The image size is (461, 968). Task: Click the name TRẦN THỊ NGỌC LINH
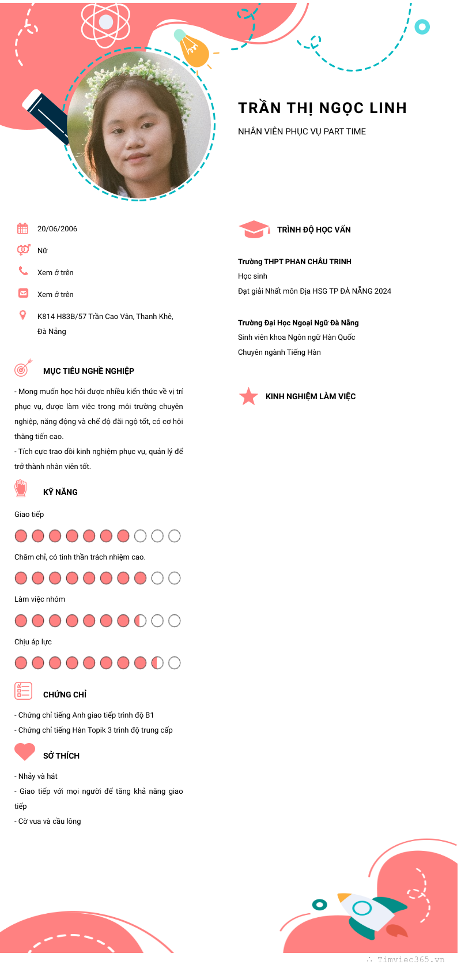click(322, 108)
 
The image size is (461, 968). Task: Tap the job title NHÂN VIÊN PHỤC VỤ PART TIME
click(302, 132)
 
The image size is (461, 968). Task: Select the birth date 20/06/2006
click(57, 229)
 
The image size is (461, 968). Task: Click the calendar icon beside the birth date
click(22, 228)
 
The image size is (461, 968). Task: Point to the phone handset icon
click(23, 271)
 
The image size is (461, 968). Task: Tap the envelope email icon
click(23, 293)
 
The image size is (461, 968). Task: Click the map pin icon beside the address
click(22, 315)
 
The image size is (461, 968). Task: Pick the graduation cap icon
click(254, 229)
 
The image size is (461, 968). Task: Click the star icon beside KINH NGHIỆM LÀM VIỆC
click(248, 396)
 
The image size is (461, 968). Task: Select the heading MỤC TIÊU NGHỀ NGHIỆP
click(89, 371)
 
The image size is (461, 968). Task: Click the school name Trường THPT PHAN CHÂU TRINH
click(294, 262)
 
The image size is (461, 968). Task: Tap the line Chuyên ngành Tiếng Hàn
click(279, 352)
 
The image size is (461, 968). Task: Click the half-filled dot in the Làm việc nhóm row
click(140, 621)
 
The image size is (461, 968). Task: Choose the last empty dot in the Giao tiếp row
click(175, 536)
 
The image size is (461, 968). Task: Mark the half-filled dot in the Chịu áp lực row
click(157, 663)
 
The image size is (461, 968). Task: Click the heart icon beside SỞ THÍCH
click(25, 752)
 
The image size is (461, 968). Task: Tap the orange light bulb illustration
click(192, 50)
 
